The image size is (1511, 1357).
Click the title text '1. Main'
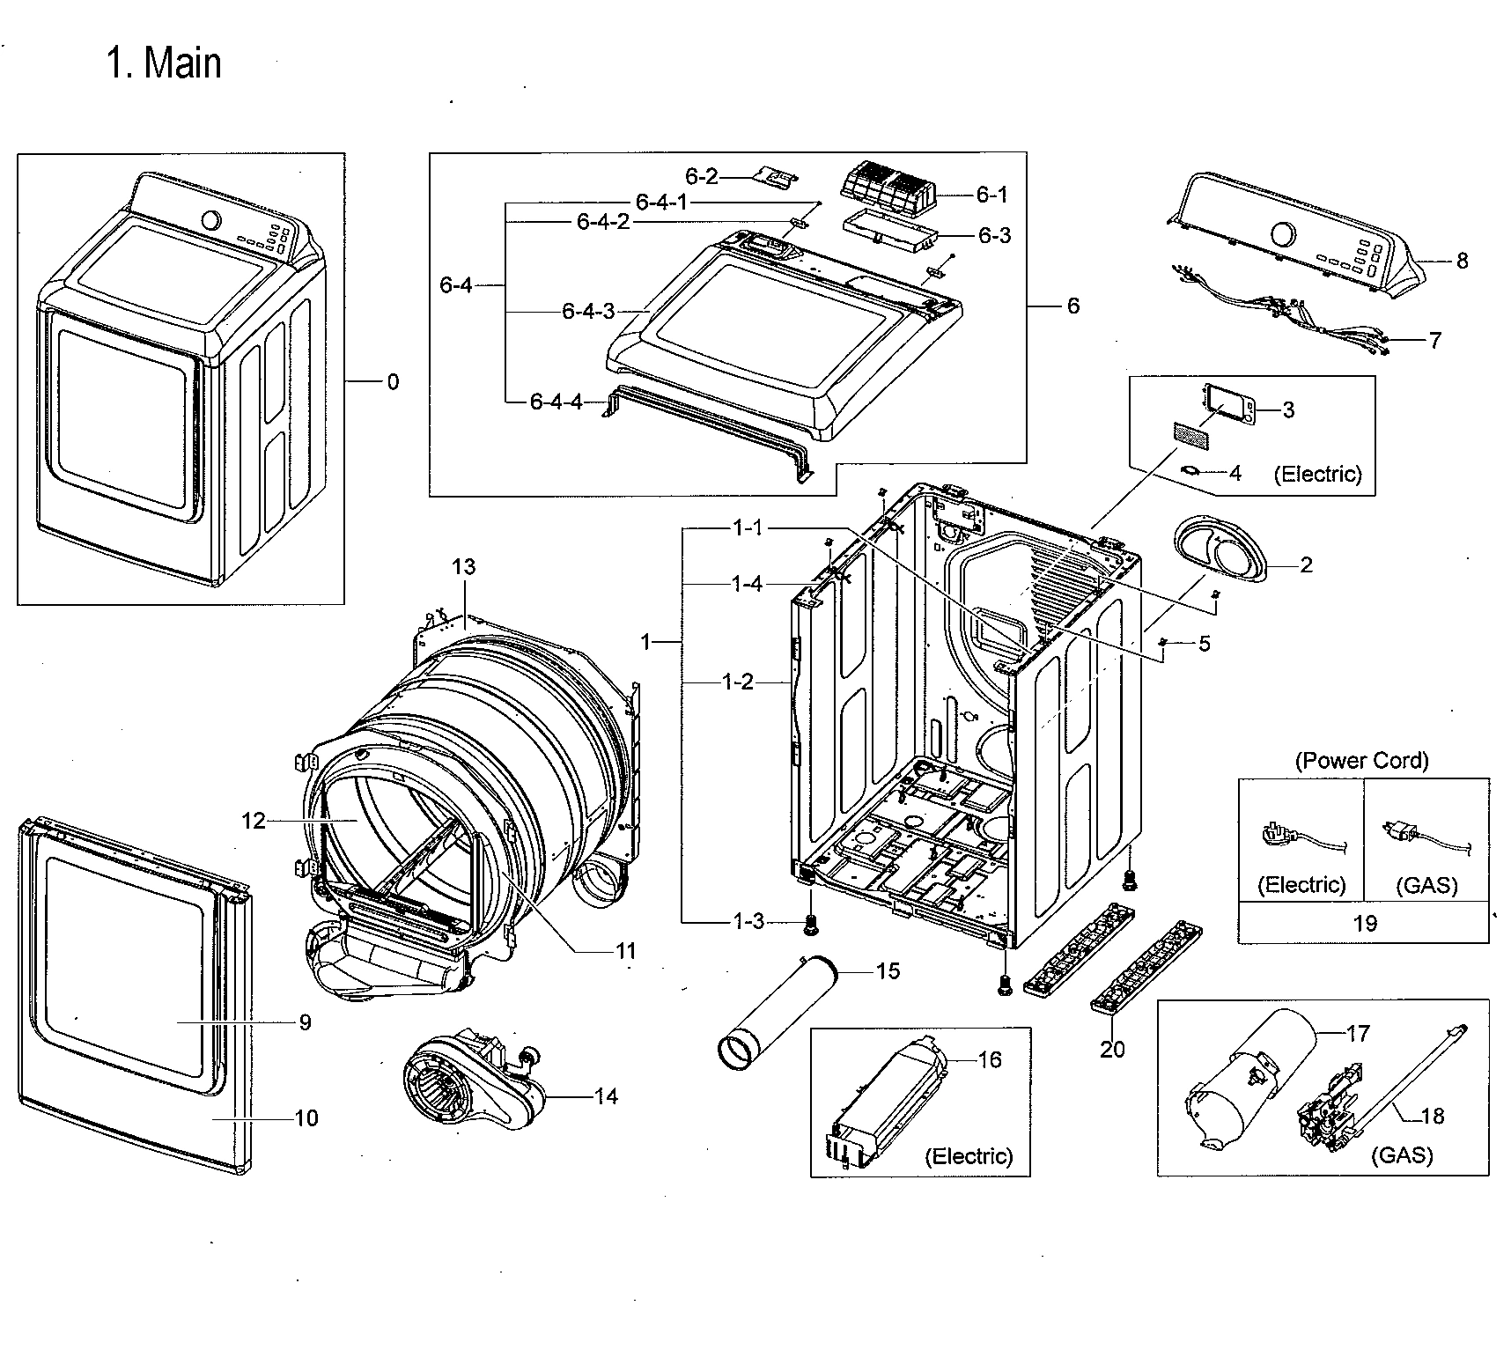click(x=164, y=63)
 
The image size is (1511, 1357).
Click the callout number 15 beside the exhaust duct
click(x=888, y=970)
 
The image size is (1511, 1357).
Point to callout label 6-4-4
click(x=556, y=402)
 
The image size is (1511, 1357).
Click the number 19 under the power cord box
click(x=1364, y=923)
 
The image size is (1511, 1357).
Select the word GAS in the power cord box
click(x=1426, y=885)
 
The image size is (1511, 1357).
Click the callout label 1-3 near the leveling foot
click(x=748, y=921)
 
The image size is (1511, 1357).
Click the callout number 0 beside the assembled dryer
click(x=393, y=381)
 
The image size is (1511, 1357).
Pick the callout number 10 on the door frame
click(x=306, y=1117)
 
